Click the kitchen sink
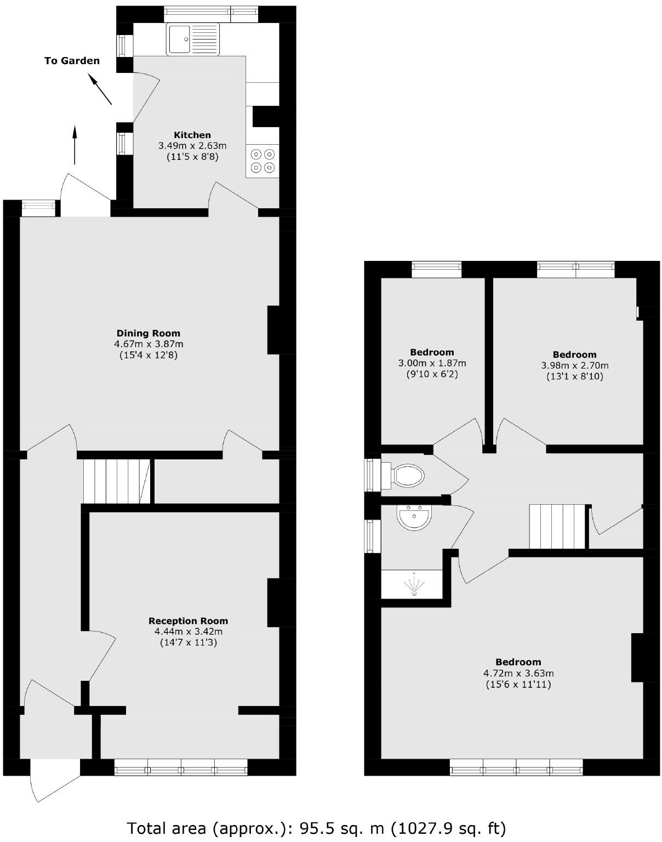pos(193,39)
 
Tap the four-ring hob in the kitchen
pos(262,161)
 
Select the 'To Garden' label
pos(72,61)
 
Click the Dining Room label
pos(148,333)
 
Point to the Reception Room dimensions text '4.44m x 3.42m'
pos(188,631)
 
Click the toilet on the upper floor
pos(408,476)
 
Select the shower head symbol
pos(414,585)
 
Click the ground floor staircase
pos(117,481)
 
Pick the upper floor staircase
pos(558,527)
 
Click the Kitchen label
pos(192,135)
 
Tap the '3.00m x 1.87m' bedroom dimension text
pos(432,363)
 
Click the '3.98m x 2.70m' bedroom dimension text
pos(574,366)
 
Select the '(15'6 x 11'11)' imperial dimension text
pos(518,685)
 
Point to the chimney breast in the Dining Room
pos(273,330)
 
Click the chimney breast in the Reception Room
pos(273,602)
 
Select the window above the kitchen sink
pos(210,14)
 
